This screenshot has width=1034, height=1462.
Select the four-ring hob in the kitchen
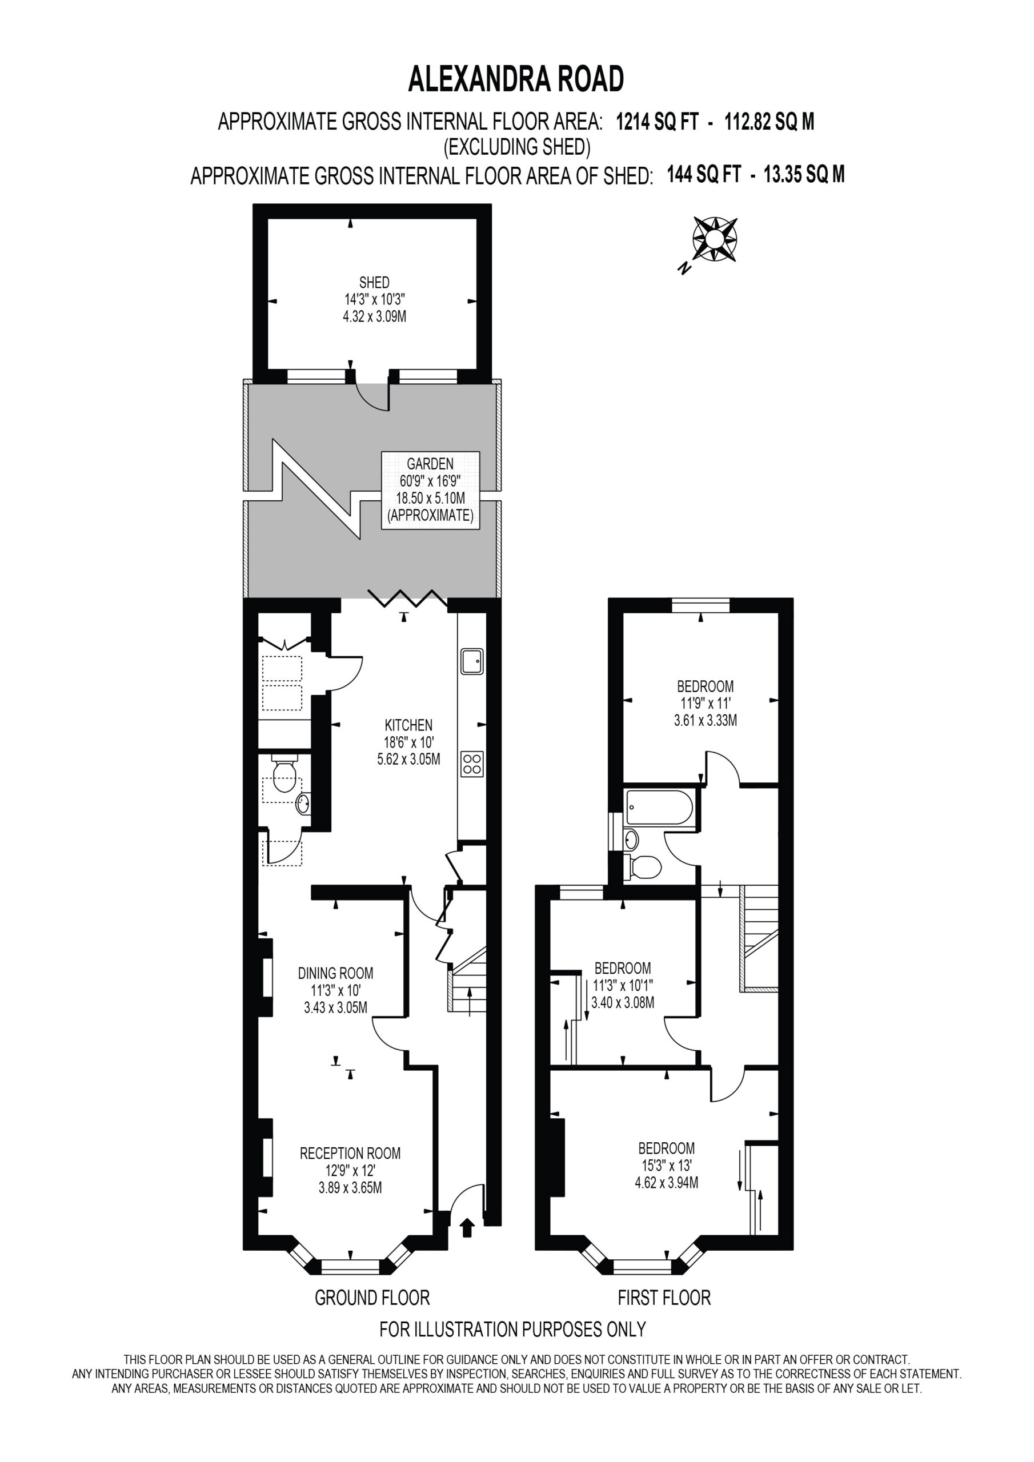(472, 764)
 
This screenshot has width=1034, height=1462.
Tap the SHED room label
(374, 282)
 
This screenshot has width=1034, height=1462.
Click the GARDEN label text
(430, 464)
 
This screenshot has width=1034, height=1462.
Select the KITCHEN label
(408, 725)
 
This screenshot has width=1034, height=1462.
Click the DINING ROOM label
(336, 973)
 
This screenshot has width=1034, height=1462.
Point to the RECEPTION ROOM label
(350, 1153)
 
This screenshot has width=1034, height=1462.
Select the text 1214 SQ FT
(658, 121)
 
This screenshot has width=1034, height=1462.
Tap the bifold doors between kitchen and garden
(408, 597)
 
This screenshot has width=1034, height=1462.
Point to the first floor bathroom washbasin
(631, 840)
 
